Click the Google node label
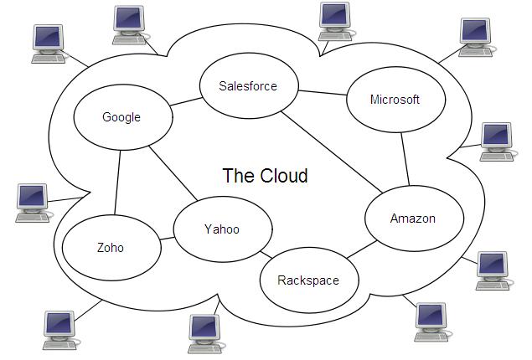pyautogui.click(x=121, y=117)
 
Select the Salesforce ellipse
pyautogui.click(x=247, y=85)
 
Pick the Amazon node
pyautogui.click(x=413, y=219)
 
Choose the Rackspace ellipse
pyautogui.click(x=308, y=280)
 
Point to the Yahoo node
pyautogui.click(x=222, y=229)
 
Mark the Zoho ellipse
pyautogui.click(x=111, y=248)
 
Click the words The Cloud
pyautogui.click(x=265, y=176)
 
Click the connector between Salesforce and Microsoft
pyautogui.click(x=323, y=92)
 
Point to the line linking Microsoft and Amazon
pyautogui.click(x=405, y=159)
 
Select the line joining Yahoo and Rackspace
pyautogui.click(x=266, y=255)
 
